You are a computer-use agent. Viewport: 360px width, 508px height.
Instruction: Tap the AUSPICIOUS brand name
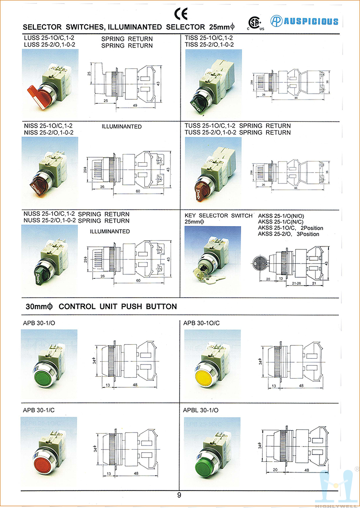point(310,21)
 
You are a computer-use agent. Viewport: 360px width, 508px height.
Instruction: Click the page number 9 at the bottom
point(179,495)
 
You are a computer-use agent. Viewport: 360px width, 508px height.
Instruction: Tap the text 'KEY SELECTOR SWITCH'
point(219,216)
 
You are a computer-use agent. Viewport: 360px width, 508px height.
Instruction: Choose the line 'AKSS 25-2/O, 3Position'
point(288,234)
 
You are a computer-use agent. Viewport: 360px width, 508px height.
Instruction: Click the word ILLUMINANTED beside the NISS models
point(122,127)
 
